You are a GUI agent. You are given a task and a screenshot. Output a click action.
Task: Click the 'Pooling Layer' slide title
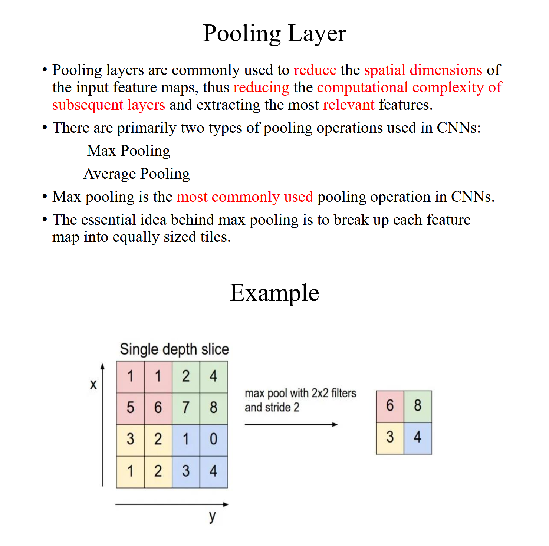[274, 33]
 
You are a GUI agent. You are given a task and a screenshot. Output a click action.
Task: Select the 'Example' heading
[274, 293]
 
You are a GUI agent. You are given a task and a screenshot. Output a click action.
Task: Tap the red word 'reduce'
[315, 70]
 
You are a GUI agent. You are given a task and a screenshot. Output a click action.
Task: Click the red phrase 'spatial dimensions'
[423, 70]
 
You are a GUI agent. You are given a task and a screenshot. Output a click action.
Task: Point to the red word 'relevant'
[349, 105]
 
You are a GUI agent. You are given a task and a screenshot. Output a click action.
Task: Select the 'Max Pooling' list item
[129, 151]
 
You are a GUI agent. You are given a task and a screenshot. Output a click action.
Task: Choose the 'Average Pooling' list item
[137, 174]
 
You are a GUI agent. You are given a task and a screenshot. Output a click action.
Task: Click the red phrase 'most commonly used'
[245, 197]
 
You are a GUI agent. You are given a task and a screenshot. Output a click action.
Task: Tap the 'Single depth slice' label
[174, 349]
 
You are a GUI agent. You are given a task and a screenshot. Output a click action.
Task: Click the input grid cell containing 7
[186, 408]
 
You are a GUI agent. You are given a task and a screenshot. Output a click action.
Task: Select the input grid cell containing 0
[214, 439]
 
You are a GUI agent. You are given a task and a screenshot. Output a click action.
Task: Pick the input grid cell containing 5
[130, 408]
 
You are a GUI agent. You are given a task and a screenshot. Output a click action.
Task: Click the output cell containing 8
[418, 406]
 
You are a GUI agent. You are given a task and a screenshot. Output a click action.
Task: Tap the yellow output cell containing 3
[390, 437]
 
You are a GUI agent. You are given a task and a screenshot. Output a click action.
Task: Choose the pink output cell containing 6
[390, 406]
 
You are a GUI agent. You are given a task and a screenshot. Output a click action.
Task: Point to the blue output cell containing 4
[418, 437]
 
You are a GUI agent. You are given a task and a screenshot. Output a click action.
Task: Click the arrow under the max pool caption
[291, 424]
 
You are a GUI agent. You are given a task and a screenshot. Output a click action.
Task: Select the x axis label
[93, 385]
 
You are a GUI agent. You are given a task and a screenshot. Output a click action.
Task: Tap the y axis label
[212, 516]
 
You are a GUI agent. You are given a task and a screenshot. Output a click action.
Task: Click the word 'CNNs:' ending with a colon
[458, 128]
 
